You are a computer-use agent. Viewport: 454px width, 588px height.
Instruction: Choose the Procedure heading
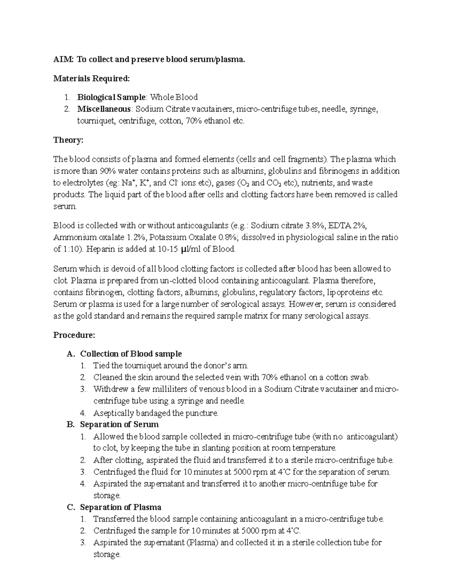[x=74, y=335]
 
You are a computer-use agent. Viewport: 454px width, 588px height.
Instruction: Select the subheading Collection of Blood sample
[x=131, y=354]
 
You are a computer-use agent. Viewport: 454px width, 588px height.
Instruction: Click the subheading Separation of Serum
[x=119, y=424]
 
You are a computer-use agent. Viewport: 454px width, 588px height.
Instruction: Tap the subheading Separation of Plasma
[x=121, y=507]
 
